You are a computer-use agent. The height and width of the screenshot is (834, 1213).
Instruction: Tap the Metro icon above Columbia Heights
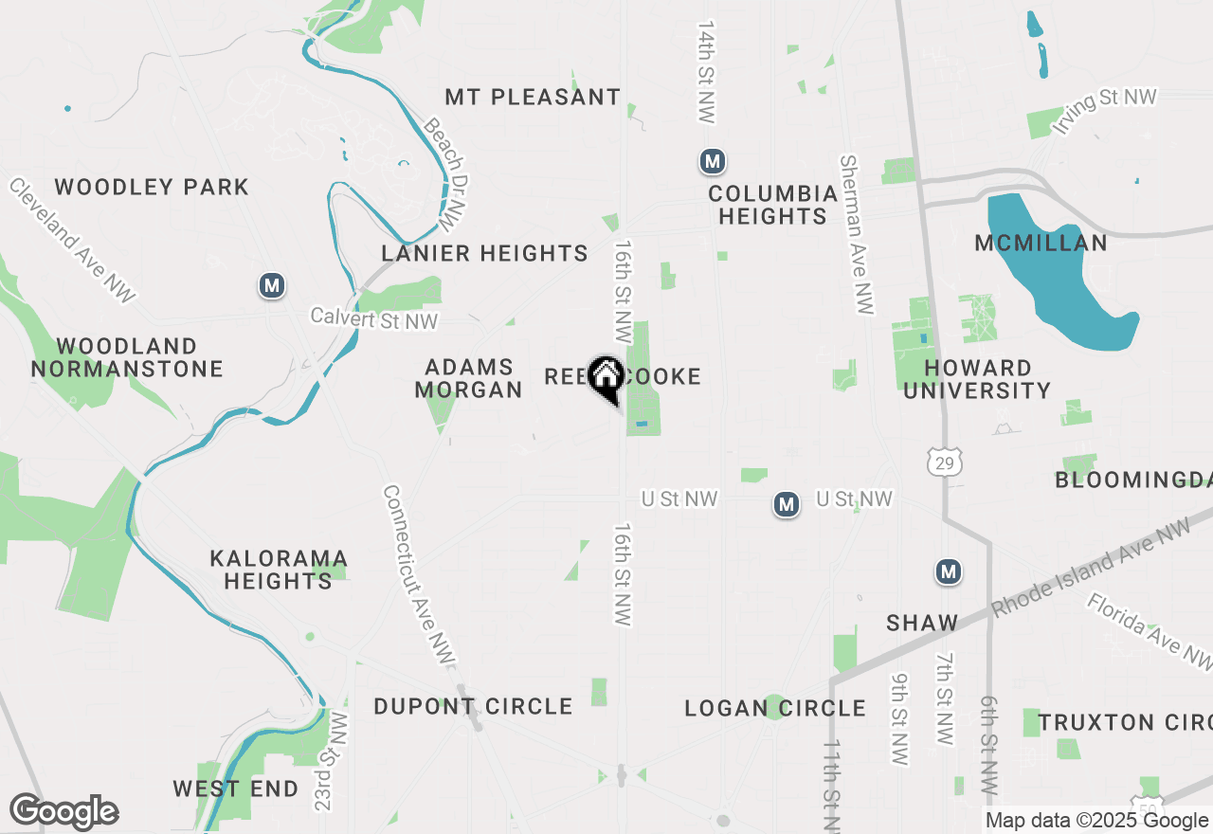coord(713,161)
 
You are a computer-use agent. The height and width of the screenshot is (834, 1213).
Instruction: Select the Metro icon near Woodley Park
coord(273,284)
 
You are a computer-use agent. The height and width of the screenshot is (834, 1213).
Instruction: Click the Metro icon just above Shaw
coord(949,571)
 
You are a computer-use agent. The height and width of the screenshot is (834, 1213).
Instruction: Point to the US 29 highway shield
coord(945,462)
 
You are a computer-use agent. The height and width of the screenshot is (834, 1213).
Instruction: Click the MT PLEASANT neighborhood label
coord(533,97)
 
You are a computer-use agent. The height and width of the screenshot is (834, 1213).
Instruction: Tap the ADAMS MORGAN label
coord(469,378)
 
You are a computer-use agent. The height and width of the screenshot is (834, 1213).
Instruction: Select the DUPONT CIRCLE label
coord(473,706)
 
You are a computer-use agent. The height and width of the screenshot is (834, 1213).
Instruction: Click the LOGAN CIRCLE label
coord(775,708)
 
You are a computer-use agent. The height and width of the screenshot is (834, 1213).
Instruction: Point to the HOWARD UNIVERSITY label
coord(977,379)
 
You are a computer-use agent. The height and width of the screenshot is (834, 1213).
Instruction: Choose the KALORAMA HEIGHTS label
coord(279,569)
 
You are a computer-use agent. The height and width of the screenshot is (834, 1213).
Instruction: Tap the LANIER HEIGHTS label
coord(484,253)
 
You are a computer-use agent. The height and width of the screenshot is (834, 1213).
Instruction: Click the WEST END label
coord(236,789)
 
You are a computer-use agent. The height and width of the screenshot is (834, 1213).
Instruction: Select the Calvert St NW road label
coord(374,321)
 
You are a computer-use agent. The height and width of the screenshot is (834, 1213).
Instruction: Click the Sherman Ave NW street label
coord(855,234)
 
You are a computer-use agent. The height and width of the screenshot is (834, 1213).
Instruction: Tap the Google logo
coord(63,811)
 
